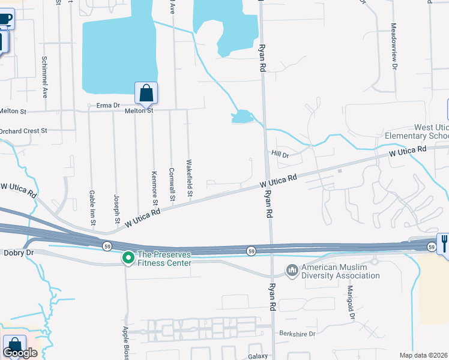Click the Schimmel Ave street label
click(x=44, y=77)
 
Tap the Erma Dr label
click(x=109, y=106)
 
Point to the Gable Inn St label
click(x=92, y=208)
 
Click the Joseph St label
click(x=117, y=205)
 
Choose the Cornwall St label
click(x=172, y=184)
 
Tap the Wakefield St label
click(x=189, y=178)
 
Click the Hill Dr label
click(x=280, y=155)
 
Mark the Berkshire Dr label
click(x=297, y=333)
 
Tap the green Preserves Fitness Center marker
click(x=128, y=258)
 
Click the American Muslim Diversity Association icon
click(x=292, y=271)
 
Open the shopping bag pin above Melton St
click(x=146, y=93)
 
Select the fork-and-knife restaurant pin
click(x=444, y=243)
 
